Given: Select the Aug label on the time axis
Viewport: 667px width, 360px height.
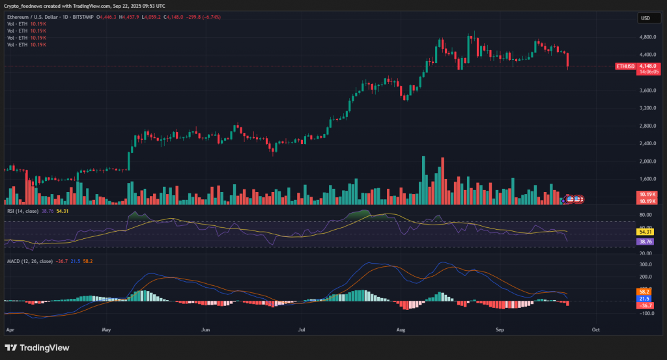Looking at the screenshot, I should [x=401, y=330].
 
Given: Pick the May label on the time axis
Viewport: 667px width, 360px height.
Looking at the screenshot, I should [x=107, y=330].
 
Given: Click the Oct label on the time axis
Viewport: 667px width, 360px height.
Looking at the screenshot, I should [x=595, y=330].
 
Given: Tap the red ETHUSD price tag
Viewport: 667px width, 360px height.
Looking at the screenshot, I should [x=626, y=66].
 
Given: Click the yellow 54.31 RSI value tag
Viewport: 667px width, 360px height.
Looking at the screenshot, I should [x=646, y=232].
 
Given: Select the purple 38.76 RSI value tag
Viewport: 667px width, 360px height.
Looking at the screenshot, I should [x=646, y=242].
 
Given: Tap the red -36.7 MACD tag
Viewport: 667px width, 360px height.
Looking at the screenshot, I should [x=646, y=305].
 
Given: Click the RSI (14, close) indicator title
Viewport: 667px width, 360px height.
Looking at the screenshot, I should [x=22, y=211].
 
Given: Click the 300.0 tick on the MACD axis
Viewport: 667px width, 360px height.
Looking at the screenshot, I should [x=646, y=264].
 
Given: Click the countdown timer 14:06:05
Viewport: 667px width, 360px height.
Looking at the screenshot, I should [x=649, y=72].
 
